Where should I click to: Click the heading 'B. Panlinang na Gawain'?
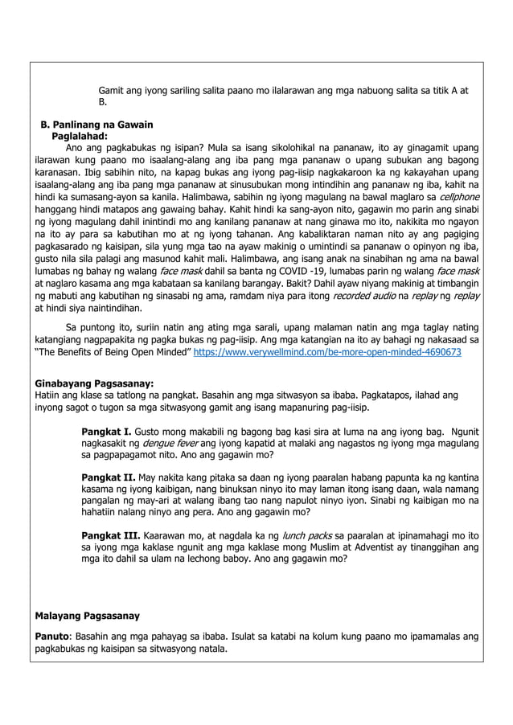click(x=96, y=125)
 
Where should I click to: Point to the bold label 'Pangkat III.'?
click(x=112, y=535)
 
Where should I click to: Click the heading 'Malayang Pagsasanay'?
click(x=88, y=616)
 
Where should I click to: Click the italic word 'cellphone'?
click(x=453, y=197)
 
